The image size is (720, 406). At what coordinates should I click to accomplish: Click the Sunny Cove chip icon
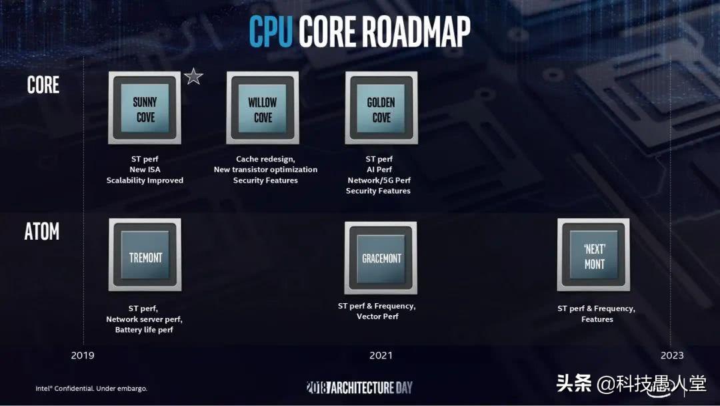(145, 108)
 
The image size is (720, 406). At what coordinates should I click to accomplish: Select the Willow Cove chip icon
(263, 108)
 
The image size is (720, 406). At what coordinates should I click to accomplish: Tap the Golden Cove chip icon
(381, 108)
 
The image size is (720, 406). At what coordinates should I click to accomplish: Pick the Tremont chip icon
(145, 255)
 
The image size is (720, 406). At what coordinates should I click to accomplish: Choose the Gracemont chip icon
(381, 258)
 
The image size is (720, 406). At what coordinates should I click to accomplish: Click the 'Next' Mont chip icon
(594, 255)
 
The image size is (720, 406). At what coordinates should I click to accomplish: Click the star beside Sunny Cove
(193, 76)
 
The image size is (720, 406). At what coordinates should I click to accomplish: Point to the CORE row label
(43, 85)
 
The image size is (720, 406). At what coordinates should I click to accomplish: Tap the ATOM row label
(42, 232)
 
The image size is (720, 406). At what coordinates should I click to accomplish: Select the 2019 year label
(83, 355)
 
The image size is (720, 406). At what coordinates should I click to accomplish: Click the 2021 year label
(381, 355)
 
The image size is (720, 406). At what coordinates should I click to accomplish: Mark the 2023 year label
(672, 355)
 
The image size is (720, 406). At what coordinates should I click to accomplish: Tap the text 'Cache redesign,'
(265, 159)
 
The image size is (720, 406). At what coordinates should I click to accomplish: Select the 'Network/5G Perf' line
(379, 180)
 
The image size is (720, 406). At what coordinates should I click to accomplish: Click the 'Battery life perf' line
(144, 330)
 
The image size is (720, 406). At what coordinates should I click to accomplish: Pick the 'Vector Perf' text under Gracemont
(377, 317)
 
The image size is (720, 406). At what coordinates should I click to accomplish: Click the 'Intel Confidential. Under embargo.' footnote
(91, 388)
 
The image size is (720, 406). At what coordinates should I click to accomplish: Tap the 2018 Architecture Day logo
(359, 387)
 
